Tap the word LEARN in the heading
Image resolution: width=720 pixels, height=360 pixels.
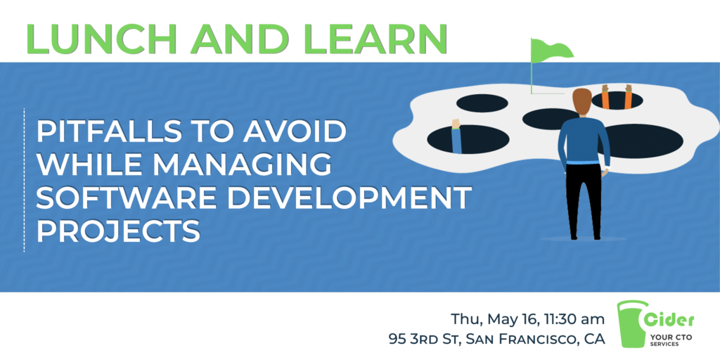click(x=373, y=38)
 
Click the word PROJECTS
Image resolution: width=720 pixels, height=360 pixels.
click(x=118, y=231)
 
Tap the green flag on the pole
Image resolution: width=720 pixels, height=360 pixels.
click(x=552, y=49)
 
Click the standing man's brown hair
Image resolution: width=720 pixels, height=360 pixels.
click(x=582, y=101)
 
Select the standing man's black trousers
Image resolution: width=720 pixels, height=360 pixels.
click(x=584, y=200)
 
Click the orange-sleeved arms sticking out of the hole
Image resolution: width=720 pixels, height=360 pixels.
click(x=617, y=97)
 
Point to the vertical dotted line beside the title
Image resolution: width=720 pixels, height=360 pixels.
click(x=24, y=180)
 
